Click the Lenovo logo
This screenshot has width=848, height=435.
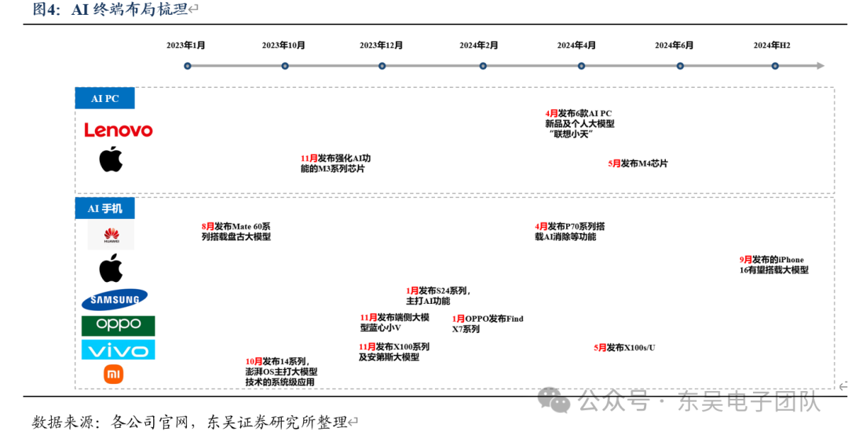coord(119,130)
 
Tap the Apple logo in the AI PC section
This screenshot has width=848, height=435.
coord(111,159)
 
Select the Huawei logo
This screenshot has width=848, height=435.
coord(111,235)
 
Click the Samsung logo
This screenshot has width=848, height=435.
coord(115,299)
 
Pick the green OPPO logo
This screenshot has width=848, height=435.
coord(119,325)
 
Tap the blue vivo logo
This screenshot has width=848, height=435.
coord(119,349)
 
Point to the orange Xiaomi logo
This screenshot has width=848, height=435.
coord(114,375)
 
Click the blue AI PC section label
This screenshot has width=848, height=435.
coord(105,98)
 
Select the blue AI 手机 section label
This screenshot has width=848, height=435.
coord(105,208)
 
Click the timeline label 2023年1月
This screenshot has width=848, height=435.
coord(186,46)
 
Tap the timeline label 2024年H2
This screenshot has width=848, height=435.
coord(772,46)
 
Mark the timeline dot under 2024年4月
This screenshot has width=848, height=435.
coord(581,66)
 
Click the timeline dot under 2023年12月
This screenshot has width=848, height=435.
coord(382,66)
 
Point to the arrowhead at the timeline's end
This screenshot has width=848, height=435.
coord(820,66)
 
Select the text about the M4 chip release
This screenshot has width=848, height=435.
coord(638,163)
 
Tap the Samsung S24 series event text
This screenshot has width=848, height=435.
coord(438,295)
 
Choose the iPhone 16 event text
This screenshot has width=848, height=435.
coord(773,265)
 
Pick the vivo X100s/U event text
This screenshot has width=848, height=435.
coord(624,347)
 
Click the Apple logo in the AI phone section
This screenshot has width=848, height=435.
coord(111,269)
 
